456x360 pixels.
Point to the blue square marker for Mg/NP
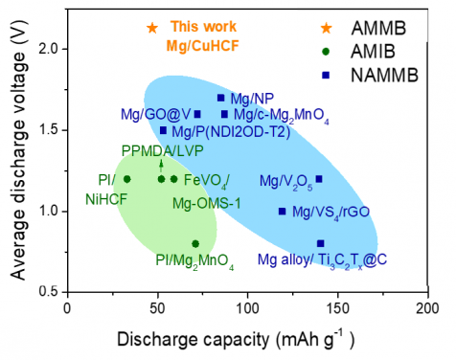221,98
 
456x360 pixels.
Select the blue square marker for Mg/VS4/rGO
282,212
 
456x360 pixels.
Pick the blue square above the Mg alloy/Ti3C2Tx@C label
320,243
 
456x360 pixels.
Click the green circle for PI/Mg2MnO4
195,243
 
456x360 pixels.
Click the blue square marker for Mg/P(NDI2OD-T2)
163,130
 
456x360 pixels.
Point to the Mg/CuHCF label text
204,43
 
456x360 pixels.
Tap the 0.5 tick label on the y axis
46,291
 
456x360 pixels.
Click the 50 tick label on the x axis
156,308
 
